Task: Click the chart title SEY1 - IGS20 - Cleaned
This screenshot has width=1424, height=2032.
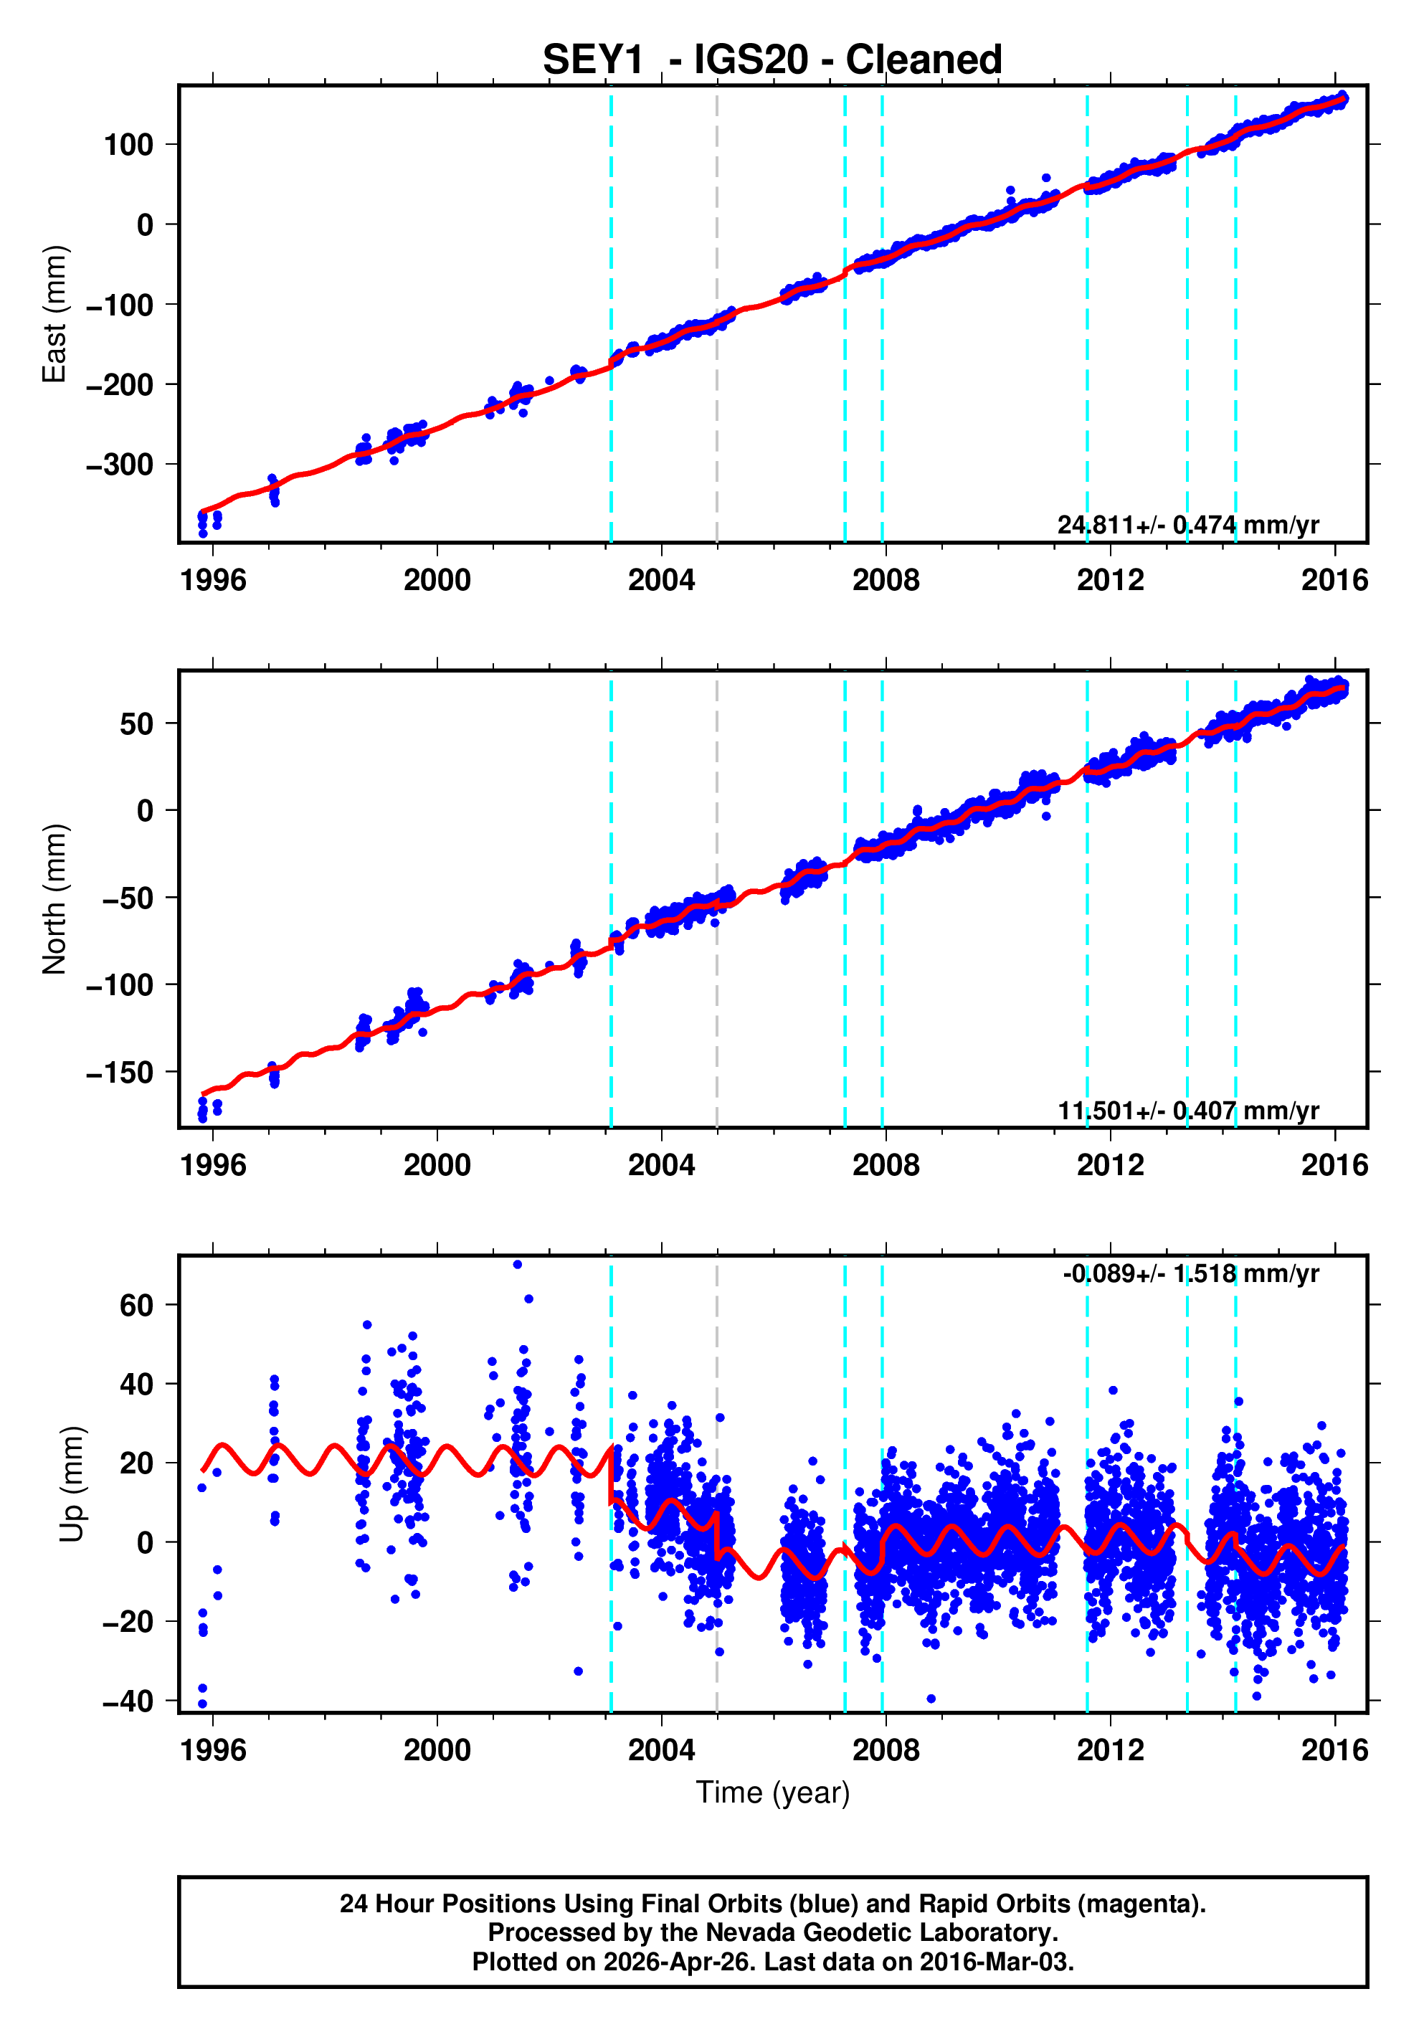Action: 772,60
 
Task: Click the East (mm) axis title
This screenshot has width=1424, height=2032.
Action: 55,314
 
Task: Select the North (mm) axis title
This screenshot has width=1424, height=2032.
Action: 55,899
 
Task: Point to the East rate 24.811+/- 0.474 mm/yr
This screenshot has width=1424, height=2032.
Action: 1187,525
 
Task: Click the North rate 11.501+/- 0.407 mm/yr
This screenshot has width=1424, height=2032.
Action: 1187,1110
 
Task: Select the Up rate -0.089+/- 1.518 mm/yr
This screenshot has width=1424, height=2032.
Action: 1190,1273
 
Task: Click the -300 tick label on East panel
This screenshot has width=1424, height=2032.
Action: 120,465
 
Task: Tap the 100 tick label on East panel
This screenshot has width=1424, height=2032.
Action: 128,145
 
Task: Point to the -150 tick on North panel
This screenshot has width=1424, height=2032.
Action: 120,1073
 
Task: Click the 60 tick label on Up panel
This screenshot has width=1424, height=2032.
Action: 136,1306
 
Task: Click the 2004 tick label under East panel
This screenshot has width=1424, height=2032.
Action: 661,581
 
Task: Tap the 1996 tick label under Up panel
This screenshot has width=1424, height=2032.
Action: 212,1749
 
